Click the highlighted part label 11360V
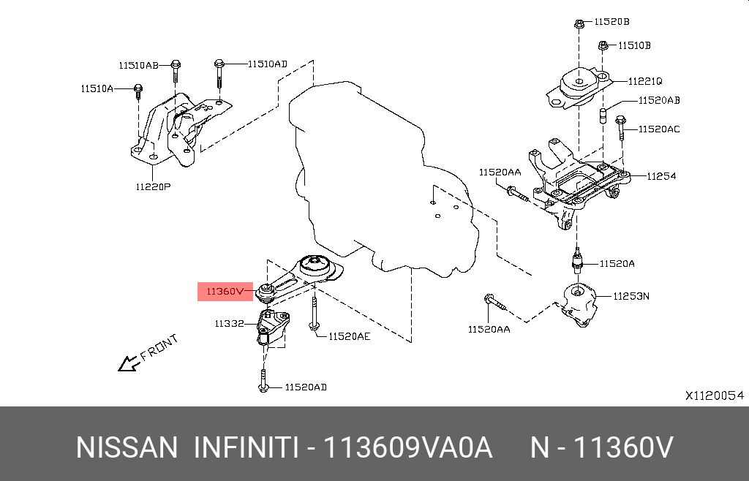pyautogui.click(x=223, y=291)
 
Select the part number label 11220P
pyautogui.click(x=152, y=186)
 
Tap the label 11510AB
pyautogui.click(x=139, y=65)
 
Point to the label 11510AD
pyautogui.click(x=267, y=64)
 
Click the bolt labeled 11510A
pyautogui.click(x=138, y=92)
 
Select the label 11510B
pyautogui.click(x=634, y=45)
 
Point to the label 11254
pyautogui.click(x=661, y=176)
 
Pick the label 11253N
pyautogui.click(x=633, y=296)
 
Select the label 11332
pyautogui.click(x=229, y=322)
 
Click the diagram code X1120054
pyautogui.click(x=714, y=395)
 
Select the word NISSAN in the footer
pyautogui.click(x=127, y=447)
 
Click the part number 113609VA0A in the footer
pyautogui.click(x=410, y=447)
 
